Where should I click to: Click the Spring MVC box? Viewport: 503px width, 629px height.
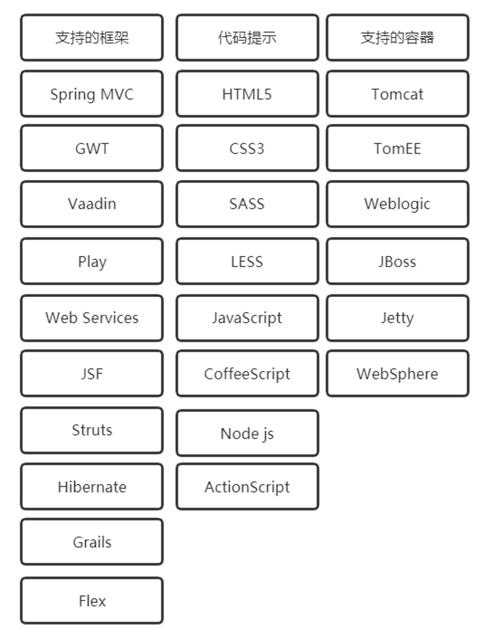92,94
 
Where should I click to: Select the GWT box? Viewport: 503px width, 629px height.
92,148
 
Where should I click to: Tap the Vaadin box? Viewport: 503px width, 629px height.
92,204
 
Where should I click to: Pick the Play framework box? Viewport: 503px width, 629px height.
92,261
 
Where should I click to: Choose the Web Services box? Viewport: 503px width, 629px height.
92,318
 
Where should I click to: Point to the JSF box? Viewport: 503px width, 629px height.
92,374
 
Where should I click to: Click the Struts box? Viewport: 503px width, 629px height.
92,431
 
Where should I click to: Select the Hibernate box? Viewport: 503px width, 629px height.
92,487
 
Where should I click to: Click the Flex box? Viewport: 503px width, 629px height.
92,601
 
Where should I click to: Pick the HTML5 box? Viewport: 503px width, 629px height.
247,94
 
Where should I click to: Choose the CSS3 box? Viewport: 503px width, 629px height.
247,148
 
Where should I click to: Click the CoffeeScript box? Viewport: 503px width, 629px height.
247,374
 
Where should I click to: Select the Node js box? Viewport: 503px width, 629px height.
247,433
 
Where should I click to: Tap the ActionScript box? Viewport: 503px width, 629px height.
247,487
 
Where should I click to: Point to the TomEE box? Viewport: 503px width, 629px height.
398,148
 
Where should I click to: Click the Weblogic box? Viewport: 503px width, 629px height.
398,204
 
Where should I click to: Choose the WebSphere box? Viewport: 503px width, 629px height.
398,374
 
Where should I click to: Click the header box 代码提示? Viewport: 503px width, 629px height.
247,37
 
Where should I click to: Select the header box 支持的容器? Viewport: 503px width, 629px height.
398,37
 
